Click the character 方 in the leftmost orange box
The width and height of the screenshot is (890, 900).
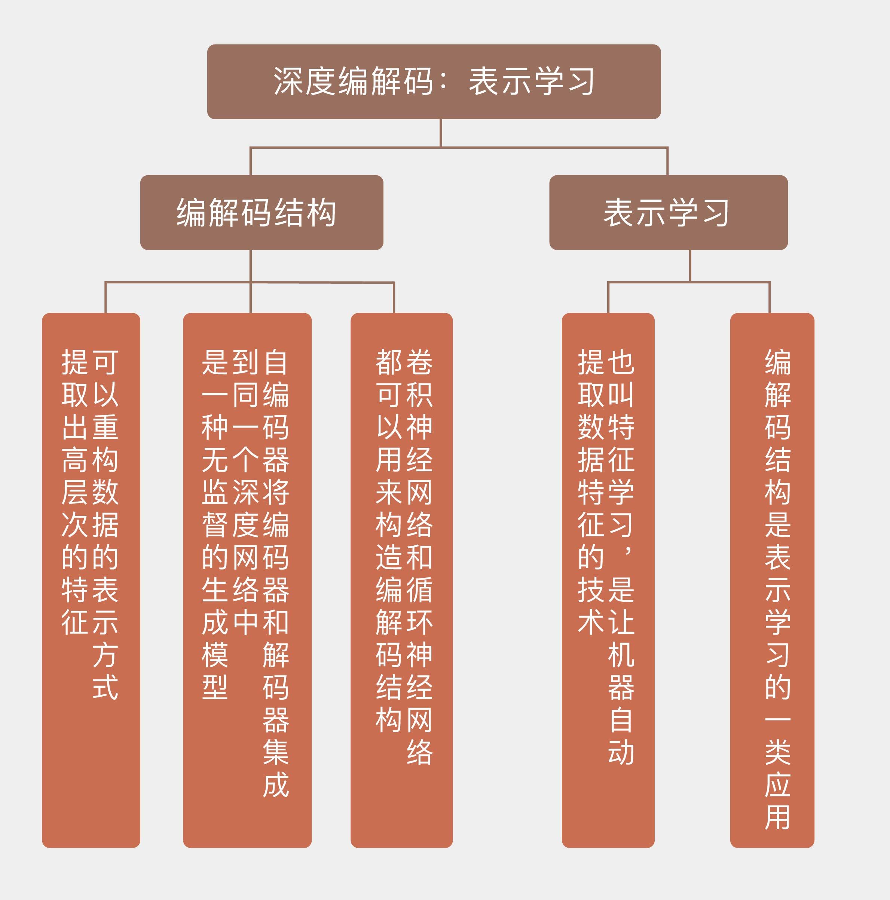tap(105, 654)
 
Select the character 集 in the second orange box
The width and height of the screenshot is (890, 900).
tap(276, 752)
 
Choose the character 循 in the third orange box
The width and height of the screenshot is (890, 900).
tap(420, 590)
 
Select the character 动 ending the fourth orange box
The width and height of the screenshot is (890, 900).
tap(621, 752)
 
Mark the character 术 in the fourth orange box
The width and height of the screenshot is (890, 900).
tap(591, 622)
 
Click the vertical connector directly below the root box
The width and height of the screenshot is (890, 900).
tap(441, 133)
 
